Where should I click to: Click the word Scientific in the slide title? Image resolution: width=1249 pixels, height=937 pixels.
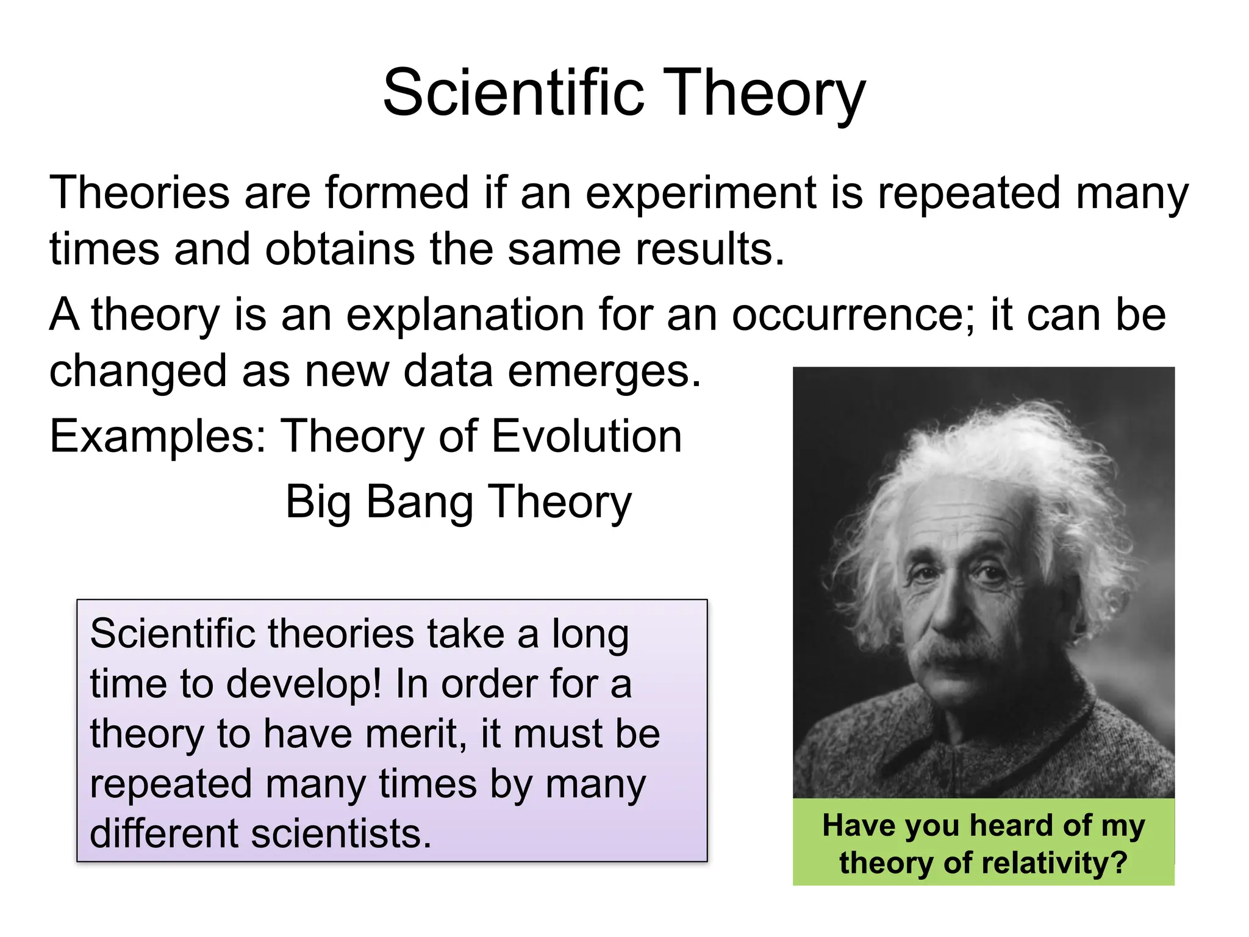513,93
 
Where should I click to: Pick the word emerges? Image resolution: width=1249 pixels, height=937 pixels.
604,373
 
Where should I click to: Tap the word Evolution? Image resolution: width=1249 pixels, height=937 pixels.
587,437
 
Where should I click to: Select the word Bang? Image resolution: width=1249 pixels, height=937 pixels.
420,502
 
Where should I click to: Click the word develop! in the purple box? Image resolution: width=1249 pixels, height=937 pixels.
304,684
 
